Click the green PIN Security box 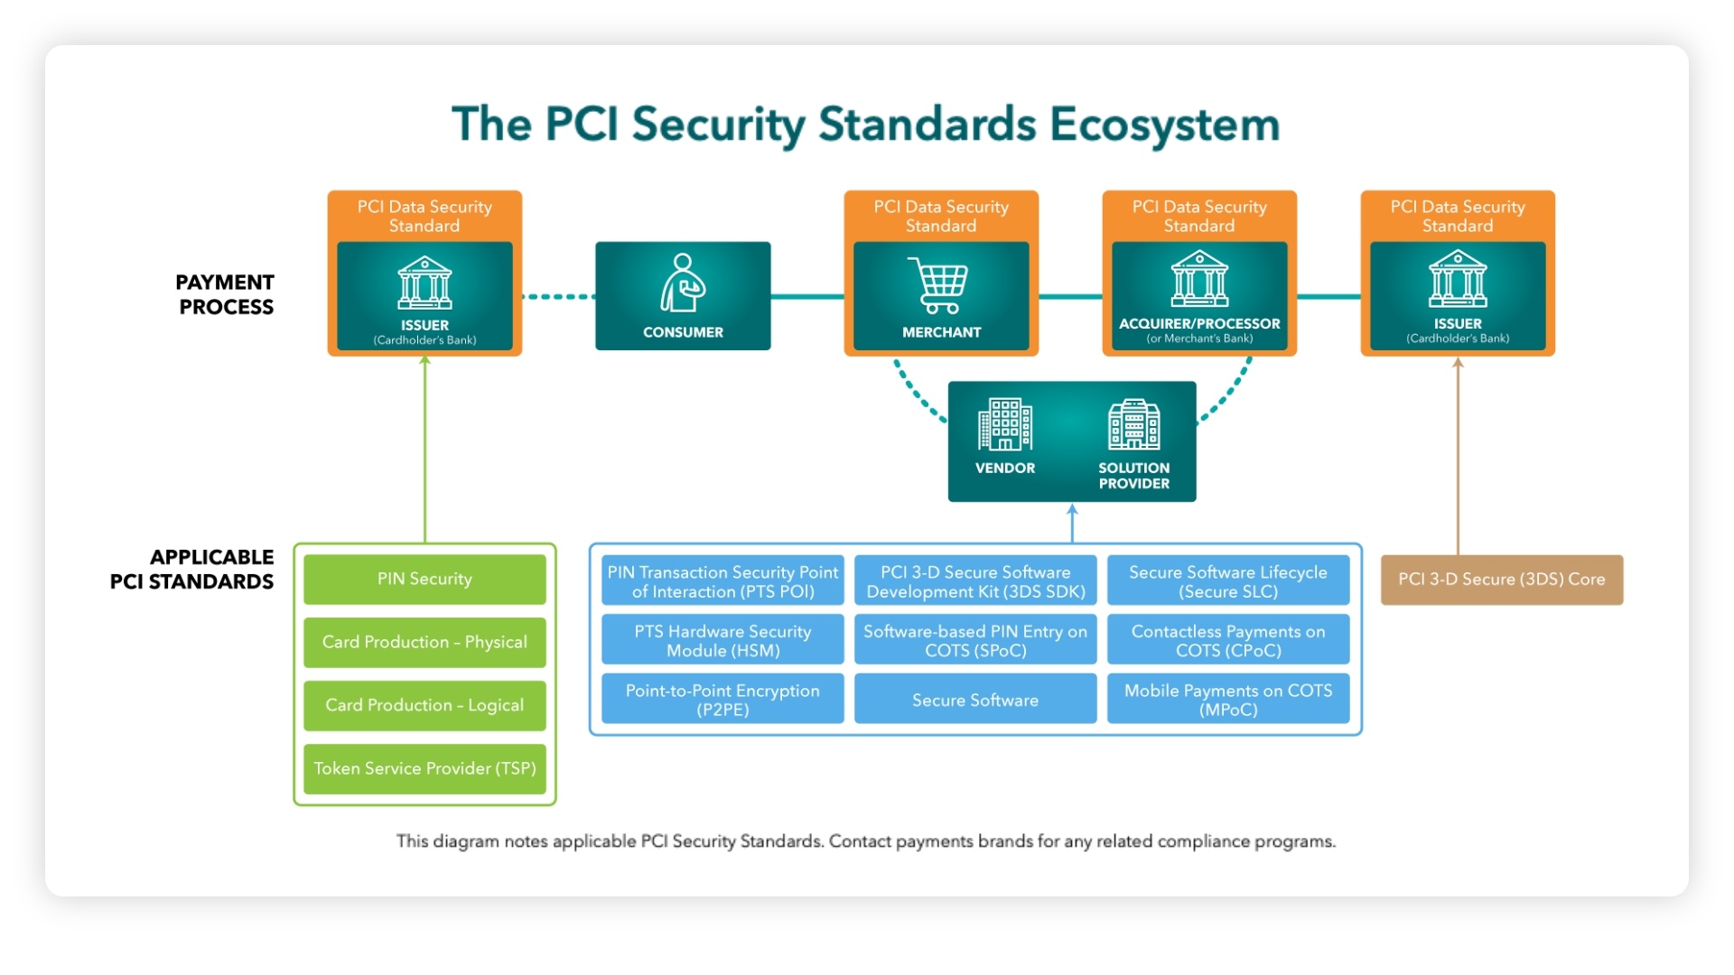click(424, 579)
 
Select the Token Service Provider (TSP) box click(424, 768)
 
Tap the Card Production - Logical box click(424, 705)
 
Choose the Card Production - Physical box click(424, 642)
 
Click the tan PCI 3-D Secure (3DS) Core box click(1501, 580)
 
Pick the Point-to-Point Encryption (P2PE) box click(722, 700)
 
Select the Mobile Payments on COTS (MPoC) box click(1228, 700)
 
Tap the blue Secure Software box click(975, 700)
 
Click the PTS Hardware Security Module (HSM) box click(722, 640)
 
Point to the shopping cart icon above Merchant click(939, 285)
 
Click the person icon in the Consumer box click(682, 283)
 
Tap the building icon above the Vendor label click(1004, 424)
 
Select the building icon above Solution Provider click(1133, 424)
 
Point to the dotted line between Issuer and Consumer click(558, 296)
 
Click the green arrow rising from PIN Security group click(424, 451)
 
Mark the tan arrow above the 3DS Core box click(1458, 456)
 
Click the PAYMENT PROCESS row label click(225, 294)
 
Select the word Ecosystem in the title click(1164, 125)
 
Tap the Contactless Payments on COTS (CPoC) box click(1228, 640)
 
